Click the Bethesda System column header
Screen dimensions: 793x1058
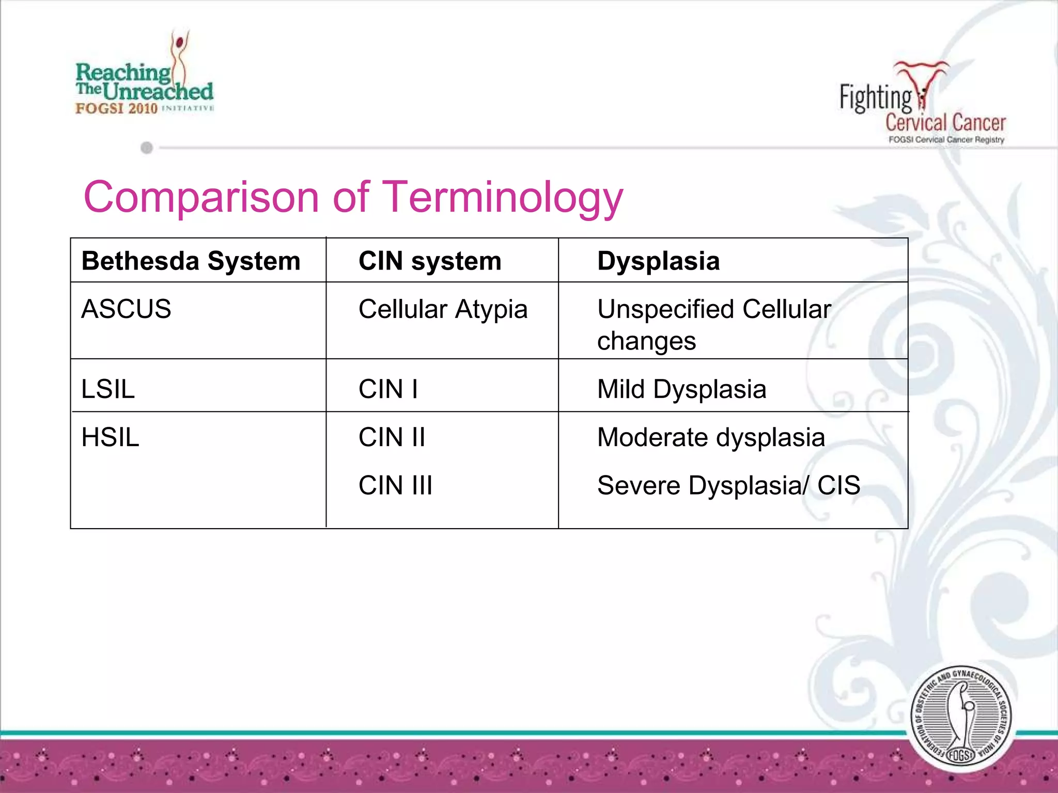191,261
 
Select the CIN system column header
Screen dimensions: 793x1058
430,261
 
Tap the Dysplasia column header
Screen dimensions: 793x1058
658,261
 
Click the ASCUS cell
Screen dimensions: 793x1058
126,309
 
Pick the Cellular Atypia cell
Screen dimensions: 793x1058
443,310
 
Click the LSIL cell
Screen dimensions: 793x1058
108,389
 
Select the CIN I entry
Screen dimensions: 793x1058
388,389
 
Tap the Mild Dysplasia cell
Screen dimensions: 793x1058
681,389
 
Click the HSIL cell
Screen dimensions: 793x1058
110,437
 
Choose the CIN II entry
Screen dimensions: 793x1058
392,437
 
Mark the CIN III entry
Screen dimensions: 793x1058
395,485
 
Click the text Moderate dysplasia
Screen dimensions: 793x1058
711,437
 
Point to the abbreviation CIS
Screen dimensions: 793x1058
838,485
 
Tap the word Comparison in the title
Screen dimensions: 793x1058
201,197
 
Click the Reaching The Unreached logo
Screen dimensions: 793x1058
144,77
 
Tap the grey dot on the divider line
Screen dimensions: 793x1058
147,148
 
